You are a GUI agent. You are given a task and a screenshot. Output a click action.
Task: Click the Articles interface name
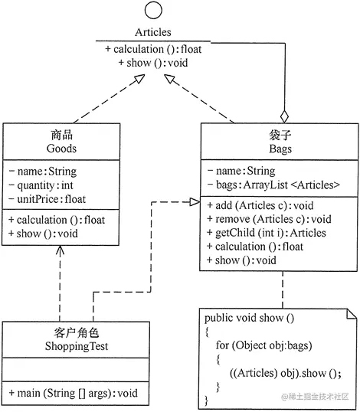click(x=152, y=33)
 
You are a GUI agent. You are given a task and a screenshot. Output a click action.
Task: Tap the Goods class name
click(x=61, y=149)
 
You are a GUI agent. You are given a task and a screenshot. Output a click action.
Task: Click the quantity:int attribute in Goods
click(x=45, y=185)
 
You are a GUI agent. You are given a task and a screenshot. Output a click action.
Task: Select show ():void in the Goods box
click(x=47, y=234)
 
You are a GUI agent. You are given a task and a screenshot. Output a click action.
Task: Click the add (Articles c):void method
click(x=260, y=205)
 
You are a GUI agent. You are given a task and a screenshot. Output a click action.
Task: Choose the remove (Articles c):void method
click(x=268, y=219)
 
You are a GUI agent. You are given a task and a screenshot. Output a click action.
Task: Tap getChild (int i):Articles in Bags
click(x=266, y=233)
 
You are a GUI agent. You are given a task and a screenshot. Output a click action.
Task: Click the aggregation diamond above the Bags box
click(x=284, y=117)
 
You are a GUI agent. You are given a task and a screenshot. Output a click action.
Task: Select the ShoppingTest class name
click(x=61, y=346)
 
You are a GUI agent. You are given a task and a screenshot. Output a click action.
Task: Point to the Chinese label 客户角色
click(x=61, y=333)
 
